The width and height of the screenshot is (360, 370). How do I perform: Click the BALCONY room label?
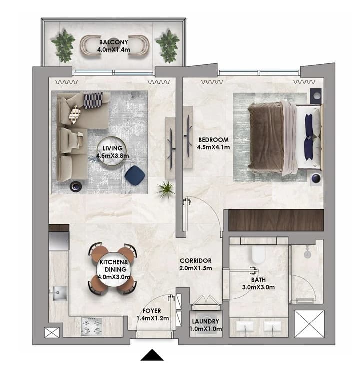click(114, 42)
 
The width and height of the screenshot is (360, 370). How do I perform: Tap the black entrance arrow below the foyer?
click(152, 355)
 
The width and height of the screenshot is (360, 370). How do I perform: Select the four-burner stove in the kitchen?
click(92, 326)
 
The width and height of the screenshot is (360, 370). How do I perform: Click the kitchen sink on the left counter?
click(60, 293)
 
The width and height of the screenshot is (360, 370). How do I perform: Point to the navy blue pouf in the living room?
click(135, 175)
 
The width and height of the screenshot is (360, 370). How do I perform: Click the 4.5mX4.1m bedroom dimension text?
click(213, 147)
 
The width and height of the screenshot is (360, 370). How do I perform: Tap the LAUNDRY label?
click(205, 321)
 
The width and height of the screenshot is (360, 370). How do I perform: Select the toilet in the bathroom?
click(258, 255)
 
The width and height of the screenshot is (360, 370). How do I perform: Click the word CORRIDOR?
click(196, 261)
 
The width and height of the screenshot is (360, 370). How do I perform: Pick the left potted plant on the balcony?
click(63, 46)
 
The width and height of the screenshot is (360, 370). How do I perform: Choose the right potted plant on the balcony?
click(168, 46)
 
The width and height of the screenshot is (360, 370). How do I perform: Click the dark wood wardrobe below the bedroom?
click(276, 220)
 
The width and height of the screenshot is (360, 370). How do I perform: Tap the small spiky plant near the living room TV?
click(166, 189)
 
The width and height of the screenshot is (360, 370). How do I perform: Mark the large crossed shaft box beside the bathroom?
click(309, 324)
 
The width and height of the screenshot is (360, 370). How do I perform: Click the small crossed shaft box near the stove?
click(52, 332)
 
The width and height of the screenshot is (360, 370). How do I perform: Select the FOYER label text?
click(152, 311)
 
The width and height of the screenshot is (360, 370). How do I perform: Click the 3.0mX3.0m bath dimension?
click(258, 287)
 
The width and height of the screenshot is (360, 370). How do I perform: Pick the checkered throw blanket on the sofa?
click(93, 100)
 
